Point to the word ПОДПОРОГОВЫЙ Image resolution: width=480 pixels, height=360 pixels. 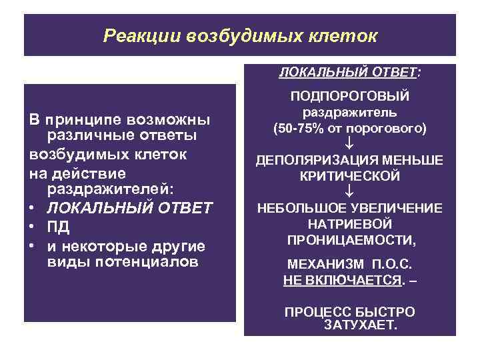pyautogui.click(x=349, y=97)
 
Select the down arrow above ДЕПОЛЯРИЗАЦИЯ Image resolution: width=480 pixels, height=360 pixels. pyautogui.click(x=349, y=143)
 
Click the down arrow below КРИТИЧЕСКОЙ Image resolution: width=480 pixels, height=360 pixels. pyautogui.click(x=349, y=192)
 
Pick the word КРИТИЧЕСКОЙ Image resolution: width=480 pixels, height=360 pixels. pyautogui.click(x=349, y=176)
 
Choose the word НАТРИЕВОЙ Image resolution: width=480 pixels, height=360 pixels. pyautogui.click(x=349, y=224)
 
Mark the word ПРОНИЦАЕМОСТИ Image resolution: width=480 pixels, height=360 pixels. pyautogui.click(x=349, y=239)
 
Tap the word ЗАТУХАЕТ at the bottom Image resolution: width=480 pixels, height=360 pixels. pyautogui.click(x=359, y=326)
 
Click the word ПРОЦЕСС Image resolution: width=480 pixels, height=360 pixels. pyautogui.click(x=313, y=311)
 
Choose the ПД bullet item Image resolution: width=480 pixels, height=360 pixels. pyautogui.click(x=57, y=228)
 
